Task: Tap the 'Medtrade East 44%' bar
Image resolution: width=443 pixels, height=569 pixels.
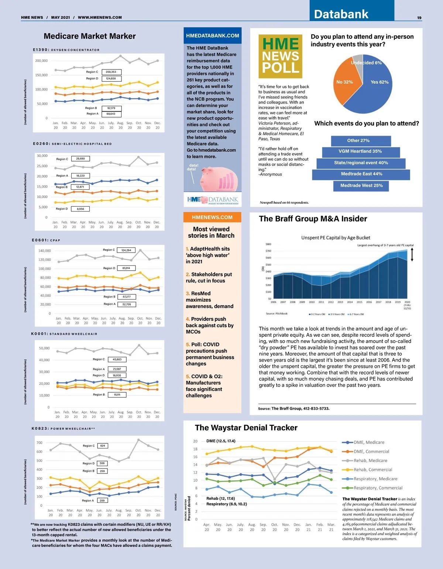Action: [x=361, y=174]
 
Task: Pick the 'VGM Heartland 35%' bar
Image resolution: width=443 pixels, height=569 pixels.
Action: [x=360, y=152]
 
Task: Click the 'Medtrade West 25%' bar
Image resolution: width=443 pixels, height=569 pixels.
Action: [x=361, y=186]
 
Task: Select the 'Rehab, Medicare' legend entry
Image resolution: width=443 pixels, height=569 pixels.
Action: [x=370, y=461]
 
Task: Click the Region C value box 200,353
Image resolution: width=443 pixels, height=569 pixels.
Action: [x=111, y=72]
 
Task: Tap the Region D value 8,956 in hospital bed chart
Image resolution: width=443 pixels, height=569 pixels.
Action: [x=80, y=209]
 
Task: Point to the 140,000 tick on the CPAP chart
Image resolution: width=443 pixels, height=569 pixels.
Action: [x=45, y=251]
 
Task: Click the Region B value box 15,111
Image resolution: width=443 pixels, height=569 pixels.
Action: [x=117, y=395]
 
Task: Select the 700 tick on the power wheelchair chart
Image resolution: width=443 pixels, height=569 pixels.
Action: [x=40, y=443]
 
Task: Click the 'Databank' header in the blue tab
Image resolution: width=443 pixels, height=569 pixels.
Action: [x=341, y=14]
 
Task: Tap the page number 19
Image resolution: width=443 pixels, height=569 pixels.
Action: [x=419, y=18]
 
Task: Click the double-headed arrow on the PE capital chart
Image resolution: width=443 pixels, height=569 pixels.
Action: [x=412, y=255]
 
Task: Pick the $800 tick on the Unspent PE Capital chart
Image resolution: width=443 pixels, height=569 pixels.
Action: [x=268, y=244]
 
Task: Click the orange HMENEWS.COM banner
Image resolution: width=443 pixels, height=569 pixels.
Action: [x=212, y=217]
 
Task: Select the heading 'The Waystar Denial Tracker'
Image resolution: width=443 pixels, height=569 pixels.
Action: [x=246, y=428]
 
